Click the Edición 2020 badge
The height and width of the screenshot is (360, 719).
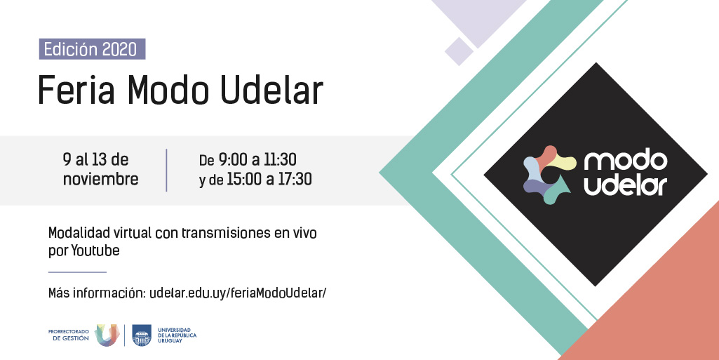point(92,49)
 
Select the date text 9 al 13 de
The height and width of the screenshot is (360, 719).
point(95,159)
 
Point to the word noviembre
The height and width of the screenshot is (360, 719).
point(100,179)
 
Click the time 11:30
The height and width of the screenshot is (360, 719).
point(280,159)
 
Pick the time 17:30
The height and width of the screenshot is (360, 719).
point(295,179)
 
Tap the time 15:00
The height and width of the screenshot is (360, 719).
point(244,179)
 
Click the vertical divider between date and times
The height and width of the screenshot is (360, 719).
point(166,170)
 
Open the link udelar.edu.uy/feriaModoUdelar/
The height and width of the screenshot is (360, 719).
point(238,293)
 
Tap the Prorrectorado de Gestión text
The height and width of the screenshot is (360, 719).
point(69,335)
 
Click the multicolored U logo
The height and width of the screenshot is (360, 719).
point(107,335)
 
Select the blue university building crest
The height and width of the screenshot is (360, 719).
point(142,335)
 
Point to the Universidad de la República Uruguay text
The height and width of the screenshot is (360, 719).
point(177,335)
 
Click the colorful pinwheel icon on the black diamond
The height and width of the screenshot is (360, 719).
point(549,175)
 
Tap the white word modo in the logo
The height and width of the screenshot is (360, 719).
point(626,160)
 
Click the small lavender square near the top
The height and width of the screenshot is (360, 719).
point(459,51)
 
